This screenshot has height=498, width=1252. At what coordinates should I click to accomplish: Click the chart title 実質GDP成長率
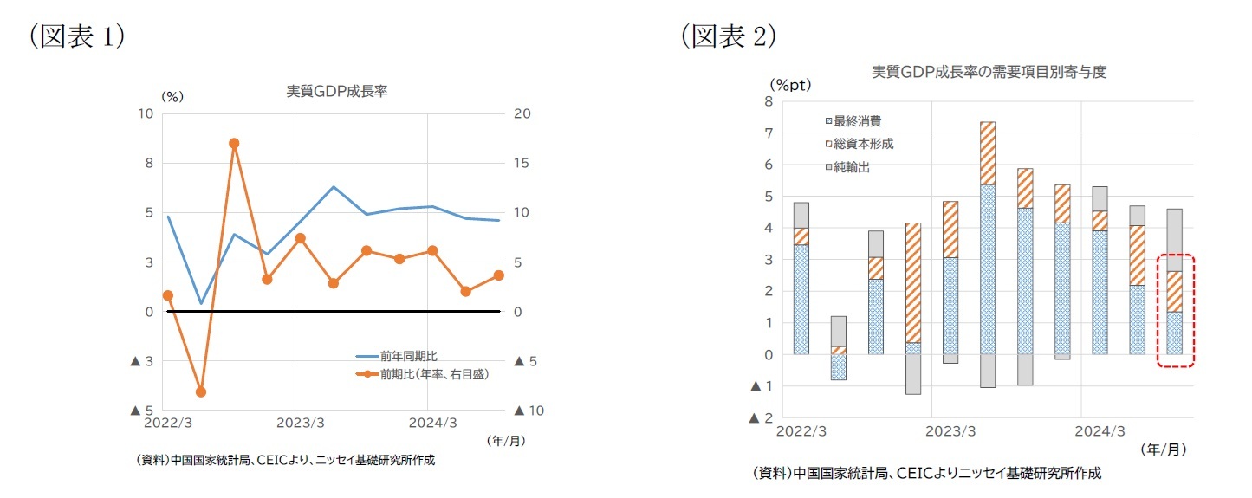337,91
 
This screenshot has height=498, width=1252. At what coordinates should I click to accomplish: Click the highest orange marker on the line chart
234,143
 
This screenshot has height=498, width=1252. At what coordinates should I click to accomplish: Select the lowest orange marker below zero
201,391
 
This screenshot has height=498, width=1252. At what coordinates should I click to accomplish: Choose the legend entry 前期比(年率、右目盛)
423,374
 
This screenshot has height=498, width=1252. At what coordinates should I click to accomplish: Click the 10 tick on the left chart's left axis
145,113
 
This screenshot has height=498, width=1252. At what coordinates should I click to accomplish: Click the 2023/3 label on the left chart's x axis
295,423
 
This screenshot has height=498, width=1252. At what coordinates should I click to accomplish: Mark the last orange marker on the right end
499,275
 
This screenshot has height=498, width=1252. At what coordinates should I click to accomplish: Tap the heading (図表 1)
77,36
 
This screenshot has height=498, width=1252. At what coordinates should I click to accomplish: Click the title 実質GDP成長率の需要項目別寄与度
989,72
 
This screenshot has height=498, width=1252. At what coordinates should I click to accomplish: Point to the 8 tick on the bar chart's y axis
768,101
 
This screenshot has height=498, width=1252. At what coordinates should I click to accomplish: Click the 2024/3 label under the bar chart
1100,430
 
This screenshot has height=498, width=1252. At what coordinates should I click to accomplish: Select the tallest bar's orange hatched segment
988,153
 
